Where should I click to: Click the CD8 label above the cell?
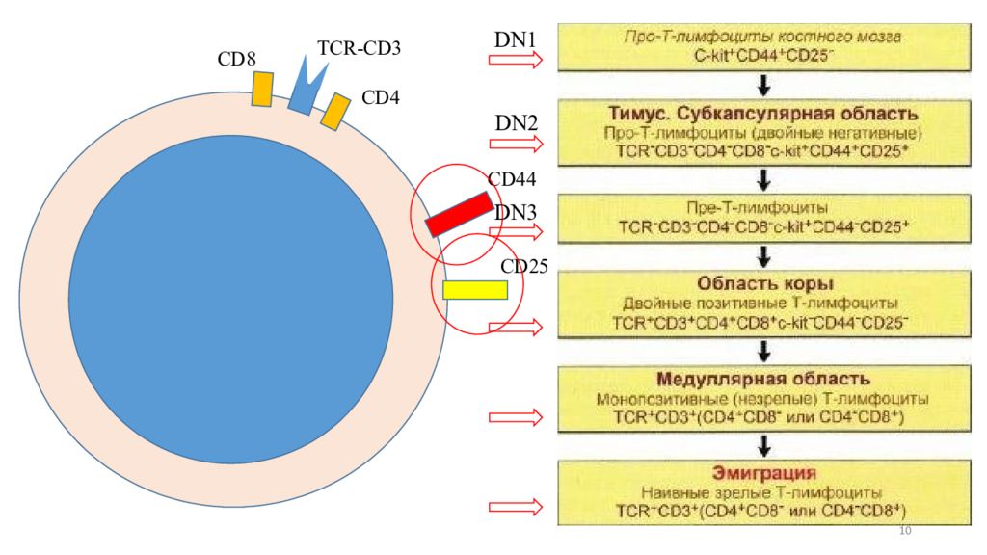pos(236,59)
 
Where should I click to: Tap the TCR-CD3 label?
pos(359,47)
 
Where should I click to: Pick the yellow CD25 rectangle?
pos(474,289)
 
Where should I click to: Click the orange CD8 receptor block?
pos(262,90)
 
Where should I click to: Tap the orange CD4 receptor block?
pos(333,111)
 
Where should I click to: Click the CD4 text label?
pos(380,97)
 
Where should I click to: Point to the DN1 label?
pos(515,40)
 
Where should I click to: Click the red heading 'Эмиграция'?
pos(764,472)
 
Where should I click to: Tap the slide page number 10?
pos(904,532)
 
